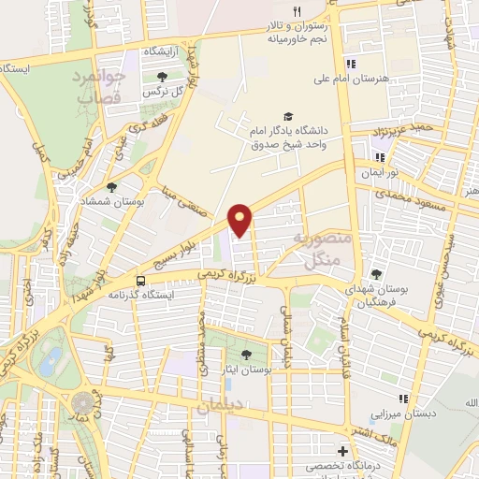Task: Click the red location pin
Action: click(241, 219)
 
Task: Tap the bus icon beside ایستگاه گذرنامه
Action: click(140, 280)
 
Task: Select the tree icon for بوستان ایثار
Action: click(246, 355)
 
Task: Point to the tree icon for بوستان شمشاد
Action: click(111, 188)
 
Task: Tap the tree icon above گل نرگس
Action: click(163, 78)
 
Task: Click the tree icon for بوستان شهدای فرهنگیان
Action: click(376, 275)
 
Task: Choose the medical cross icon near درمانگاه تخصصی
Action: click(342, 452)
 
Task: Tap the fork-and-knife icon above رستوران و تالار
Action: click(298, 11)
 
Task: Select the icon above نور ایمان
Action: click(380, 157)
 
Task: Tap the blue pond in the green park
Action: click(51, 358)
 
